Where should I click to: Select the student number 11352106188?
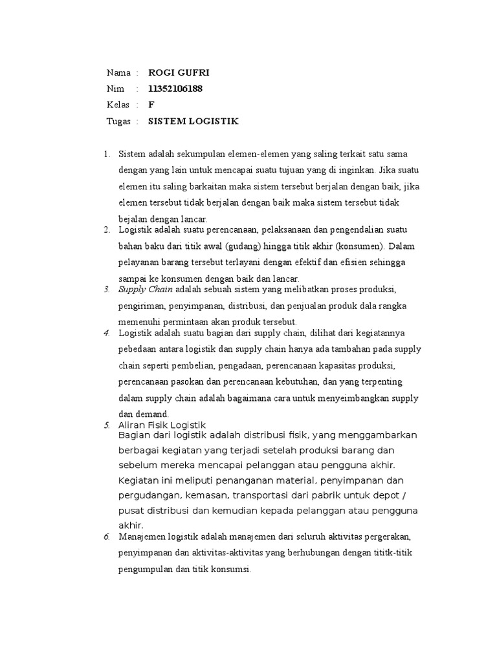pyautogui.click(x=175, y=89)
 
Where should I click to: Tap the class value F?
pyautogui.click(x=151, y=105)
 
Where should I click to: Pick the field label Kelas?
pyautogui.click(x=118, y=105)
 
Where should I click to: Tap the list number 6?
pyautogui.click(x=106, y=537)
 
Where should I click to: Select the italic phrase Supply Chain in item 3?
pyautogui.click(x=146, y=288)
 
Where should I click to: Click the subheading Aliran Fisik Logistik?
pyautogui.click(x=162, y=425)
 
